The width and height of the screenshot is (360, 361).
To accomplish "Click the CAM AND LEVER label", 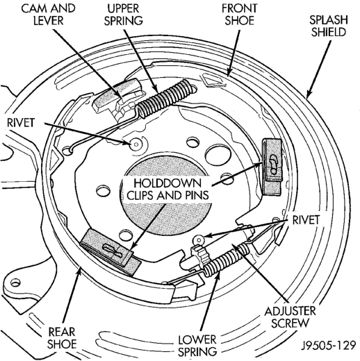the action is (49, 15).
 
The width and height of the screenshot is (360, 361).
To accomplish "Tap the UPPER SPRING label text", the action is (124, 15).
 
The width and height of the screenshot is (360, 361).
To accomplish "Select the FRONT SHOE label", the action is (240, 15).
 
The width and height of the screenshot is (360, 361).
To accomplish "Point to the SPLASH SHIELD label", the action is (329, 26).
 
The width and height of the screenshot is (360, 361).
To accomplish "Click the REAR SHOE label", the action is (62, 338).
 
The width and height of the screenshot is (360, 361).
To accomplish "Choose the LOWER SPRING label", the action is (197, 346).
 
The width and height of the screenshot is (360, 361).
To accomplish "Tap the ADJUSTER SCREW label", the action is (290, 317).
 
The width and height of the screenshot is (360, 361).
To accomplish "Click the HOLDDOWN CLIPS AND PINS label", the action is (168, 189).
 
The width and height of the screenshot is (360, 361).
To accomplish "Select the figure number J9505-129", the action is (328, 346).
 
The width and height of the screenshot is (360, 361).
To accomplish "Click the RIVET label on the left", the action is (21, 123).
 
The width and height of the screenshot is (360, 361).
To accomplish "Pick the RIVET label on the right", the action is (306, 220).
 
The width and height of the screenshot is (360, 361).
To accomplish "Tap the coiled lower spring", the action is (226, 259).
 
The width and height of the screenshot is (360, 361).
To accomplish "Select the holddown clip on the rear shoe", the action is (111, 251).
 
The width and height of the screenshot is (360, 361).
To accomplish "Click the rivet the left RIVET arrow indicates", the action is (136, 144).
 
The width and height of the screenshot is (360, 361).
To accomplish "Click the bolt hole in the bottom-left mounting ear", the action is (15, 283).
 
